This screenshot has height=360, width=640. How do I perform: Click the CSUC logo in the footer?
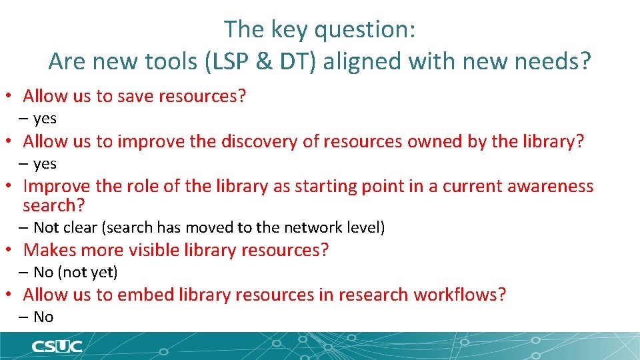click(57, 346)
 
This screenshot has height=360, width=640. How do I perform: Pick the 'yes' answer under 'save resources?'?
click(45, 119)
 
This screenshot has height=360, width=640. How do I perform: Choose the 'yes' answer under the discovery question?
click(45, 164)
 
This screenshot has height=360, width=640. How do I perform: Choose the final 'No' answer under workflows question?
click(43, 317)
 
